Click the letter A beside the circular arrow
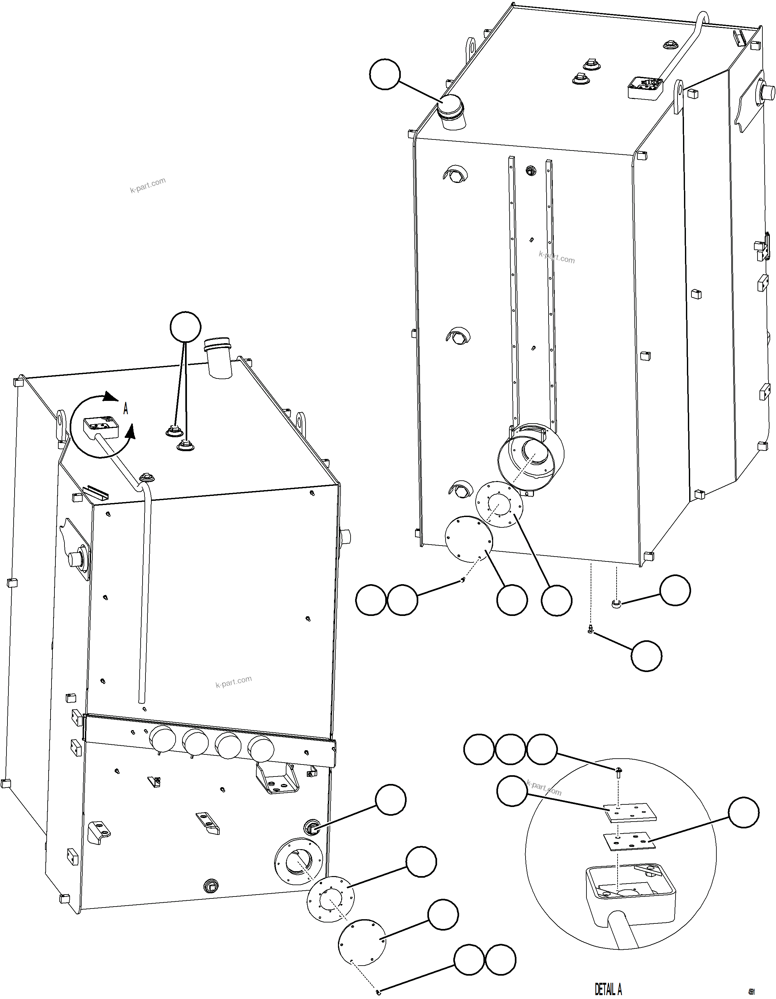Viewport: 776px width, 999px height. [126, 408]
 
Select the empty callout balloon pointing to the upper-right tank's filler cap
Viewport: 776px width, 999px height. [385, 74]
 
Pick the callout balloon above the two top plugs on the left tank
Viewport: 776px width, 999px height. [185, 327]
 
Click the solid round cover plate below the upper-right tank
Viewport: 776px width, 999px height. [469, 539]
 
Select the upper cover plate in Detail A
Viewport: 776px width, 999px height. [631, 813]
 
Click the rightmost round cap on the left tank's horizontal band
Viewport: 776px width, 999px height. [261, 749]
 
